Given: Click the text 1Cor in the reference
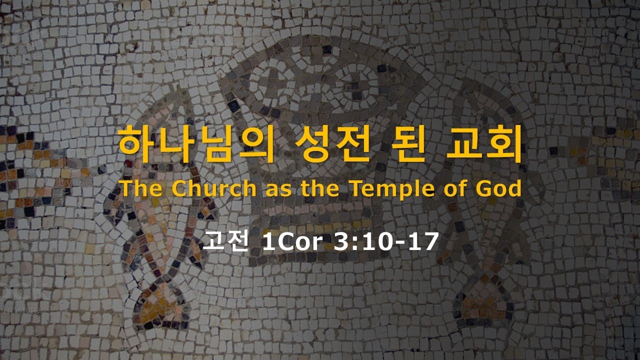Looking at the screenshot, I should (293, 243).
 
